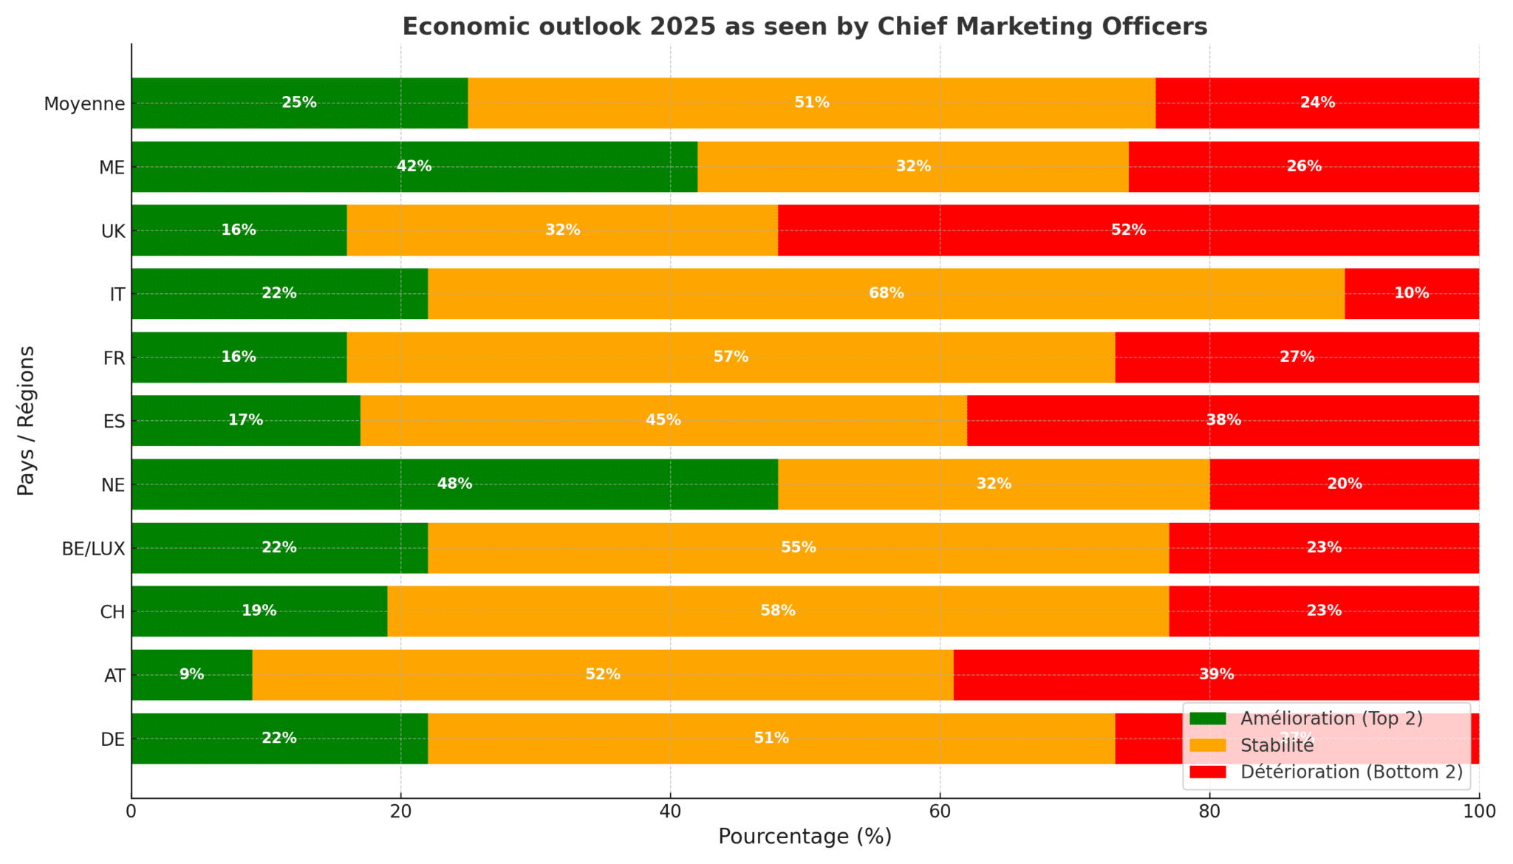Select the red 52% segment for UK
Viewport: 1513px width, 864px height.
(x=1128, y=230)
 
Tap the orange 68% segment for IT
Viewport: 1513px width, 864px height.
(x=886, y=294)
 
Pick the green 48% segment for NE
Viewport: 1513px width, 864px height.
(x=454, y=484)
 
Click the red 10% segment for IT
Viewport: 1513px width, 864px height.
(x=1411, y=294)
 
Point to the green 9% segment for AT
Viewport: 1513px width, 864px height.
(x=191, y=675)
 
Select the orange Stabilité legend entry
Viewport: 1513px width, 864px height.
(x=1277, y=745)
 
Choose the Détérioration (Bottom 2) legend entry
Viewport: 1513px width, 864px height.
(x=1351, y=772)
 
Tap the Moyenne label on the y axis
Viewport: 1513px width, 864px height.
(x=84, y=104)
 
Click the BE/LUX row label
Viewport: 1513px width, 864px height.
(x=93, y=549)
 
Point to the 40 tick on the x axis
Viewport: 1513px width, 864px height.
(x=670, y=812)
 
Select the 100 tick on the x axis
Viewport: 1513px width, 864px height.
(x=1478, y=812)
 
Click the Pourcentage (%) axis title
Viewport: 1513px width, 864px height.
(x=805, y=837)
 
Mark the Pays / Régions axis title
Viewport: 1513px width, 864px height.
(x=26, y=420)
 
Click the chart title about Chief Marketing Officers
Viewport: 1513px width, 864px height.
(x=805, y=27)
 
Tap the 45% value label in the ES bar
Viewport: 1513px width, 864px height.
(x=663, y=421)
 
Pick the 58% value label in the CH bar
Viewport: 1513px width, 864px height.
(x=778, y=611)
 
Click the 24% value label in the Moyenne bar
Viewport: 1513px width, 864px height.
(x=1317, y=103)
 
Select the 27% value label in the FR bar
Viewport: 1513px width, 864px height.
(x=1297, y=357)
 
